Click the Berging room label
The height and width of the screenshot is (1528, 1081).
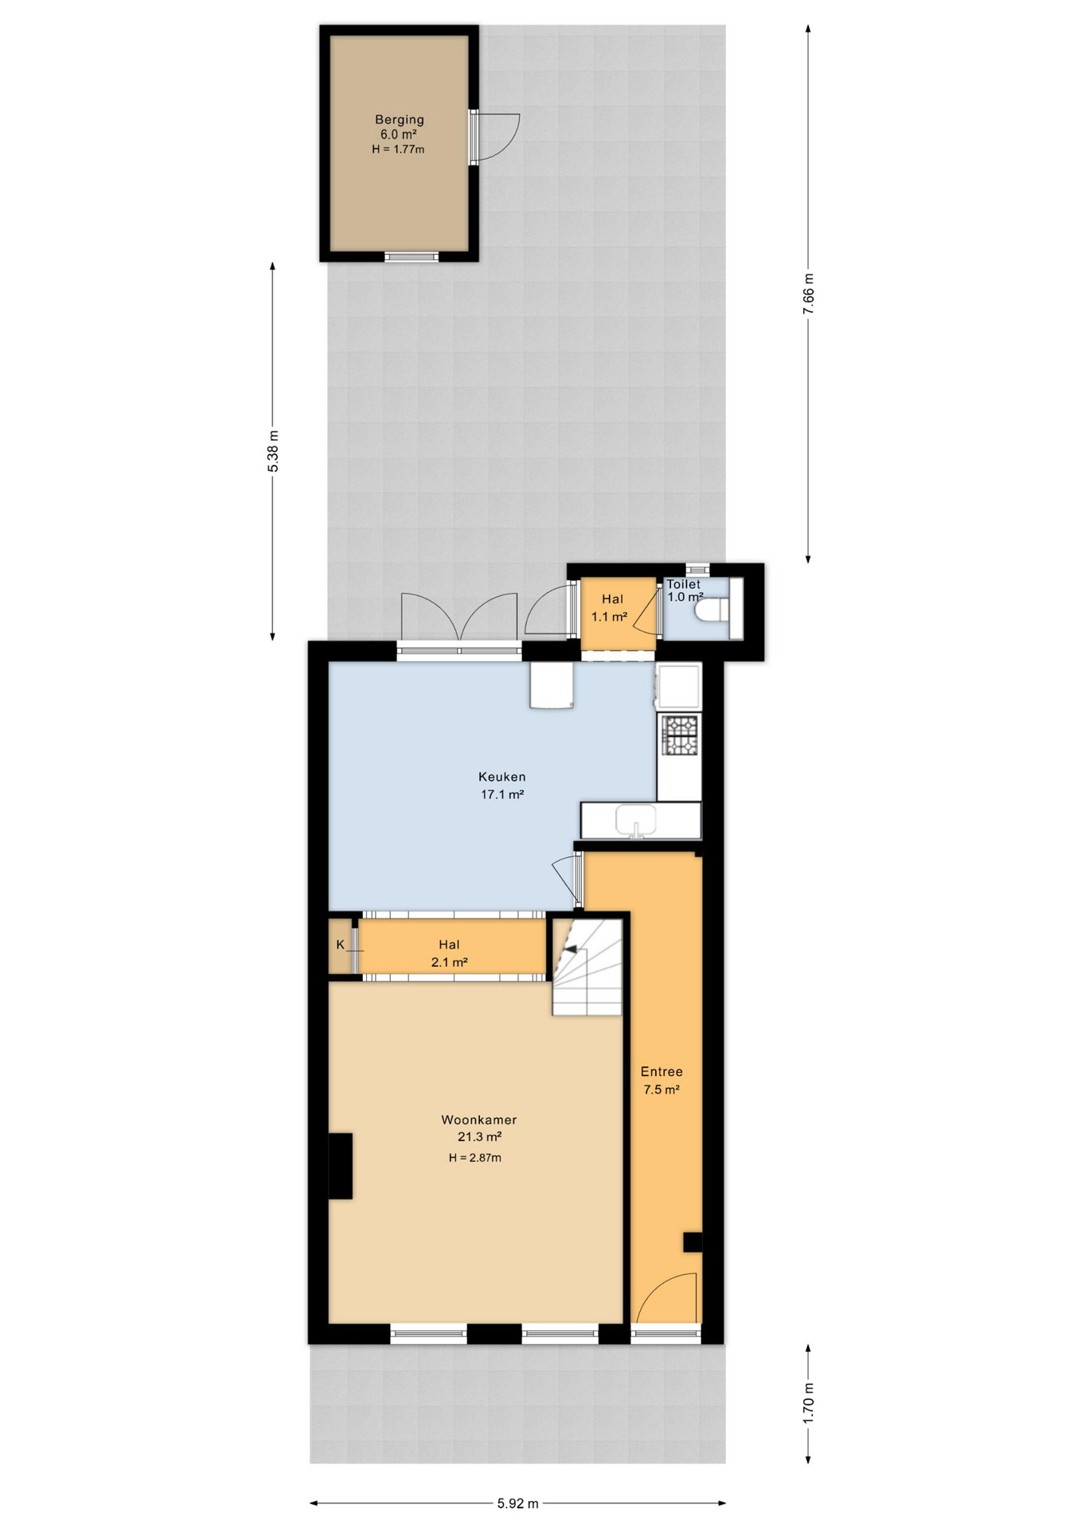click(x=400, y=119)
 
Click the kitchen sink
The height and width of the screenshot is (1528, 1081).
click(x=636, y=820)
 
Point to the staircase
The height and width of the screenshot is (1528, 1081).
click(x=587, y=967)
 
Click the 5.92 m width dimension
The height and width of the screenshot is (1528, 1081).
click(x=517, y=1503)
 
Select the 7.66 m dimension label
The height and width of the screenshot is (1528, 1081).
click(x=809, y=294)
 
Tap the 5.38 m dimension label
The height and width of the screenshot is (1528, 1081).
click(x=273, y=451)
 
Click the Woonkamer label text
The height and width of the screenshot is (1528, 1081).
click(x=479, y=1120)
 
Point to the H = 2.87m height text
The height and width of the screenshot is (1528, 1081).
click(x=475, y=1157)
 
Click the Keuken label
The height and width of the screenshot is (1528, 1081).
click(x=501, y=776)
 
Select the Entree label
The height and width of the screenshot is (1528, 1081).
click(x=661, y=1071)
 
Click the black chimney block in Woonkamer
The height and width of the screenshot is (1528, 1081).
click(x=341, y=1165)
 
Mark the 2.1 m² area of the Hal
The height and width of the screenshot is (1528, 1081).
click(x=449, y=962)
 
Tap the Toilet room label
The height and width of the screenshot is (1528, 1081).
click(x=684, y=584)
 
